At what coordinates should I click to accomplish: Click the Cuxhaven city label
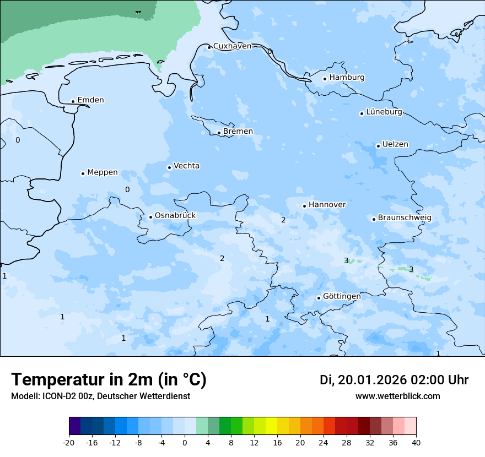point(232,46)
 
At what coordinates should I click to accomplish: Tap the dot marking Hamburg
point(325,79)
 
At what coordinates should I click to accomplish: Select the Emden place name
point(90,100)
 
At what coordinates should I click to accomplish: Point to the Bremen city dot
point(219,133)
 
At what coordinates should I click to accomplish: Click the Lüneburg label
point(384,112)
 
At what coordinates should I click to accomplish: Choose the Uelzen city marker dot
point(378,146)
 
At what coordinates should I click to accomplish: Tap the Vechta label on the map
point(186,166)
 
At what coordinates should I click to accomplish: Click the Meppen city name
point(102,172)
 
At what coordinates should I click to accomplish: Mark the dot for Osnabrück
point(150,217)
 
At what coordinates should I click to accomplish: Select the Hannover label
point(327,205)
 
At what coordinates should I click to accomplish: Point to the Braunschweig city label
point(404,218)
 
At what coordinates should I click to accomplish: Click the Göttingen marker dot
point(319,298)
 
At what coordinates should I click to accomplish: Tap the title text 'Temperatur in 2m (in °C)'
point(109,379)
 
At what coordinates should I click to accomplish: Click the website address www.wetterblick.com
point(397,396)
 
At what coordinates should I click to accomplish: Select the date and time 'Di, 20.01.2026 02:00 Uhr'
point(394,380)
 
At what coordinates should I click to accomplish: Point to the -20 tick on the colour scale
point(69,443)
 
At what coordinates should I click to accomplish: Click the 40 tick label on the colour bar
point(416,443)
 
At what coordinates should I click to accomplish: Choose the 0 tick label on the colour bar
point(185,443)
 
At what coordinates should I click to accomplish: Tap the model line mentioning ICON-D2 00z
point(100,396)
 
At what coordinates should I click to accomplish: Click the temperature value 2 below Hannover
point(283,220)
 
